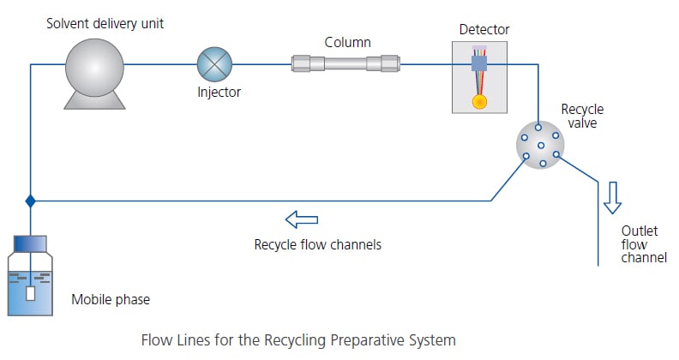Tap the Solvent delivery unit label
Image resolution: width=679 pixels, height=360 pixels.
tap(105, 23)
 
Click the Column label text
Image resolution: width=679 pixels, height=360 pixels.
tap(347, 42)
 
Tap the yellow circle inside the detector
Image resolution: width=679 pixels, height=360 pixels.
tap(478, 100)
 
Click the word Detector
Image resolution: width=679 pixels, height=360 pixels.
tap(484, 30)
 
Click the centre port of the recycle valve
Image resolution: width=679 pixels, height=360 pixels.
tap(540, 145)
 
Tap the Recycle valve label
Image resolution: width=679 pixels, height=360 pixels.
tap(582, 116)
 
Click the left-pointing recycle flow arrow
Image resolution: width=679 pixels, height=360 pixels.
tap(301, 221)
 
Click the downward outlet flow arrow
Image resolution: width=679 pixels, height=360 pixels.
tap(612, 196)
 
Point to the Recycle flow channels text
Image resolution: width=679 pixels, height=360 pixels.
tap(317, 244)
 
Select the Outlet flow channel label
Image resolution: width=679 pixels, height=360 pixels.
tap(643, 243)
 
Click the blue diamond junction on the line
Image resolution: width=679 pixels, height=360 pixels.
tap(31, 201)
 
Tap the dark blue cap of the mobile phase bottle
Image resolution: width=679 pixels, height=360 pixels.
tap(31, 244)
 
